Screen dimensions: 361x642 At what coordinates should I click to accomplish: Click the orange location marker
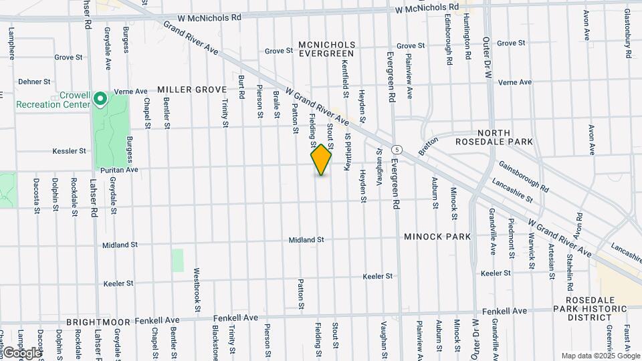click(322, 160)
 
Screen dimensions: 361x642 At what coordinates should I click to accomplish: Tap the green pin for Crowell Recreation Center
click(100, 100)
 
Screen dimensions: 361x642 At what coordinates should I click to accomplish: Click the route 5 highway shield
click(397, 148)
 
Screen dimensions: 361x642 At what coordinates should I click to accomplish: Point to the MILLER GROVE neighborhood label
click(192, 89)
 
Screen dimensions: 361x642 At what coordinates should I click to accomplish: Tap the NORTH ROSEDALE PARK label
click(503, 137)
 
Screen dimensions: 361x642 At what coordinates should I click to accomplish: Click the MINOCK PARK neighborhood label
click(437, 237)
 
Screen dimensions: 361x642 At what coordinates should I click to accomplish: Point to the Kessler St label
click(70, 151)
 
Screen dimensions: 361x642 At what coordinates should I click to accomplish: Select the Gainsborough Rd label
click(523, 176)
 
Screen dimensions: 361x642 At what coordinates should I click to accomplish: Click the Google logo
click(21, 352)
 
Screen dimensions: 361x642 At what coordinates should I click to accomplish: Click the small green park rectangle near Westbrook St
click(177, 260)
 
